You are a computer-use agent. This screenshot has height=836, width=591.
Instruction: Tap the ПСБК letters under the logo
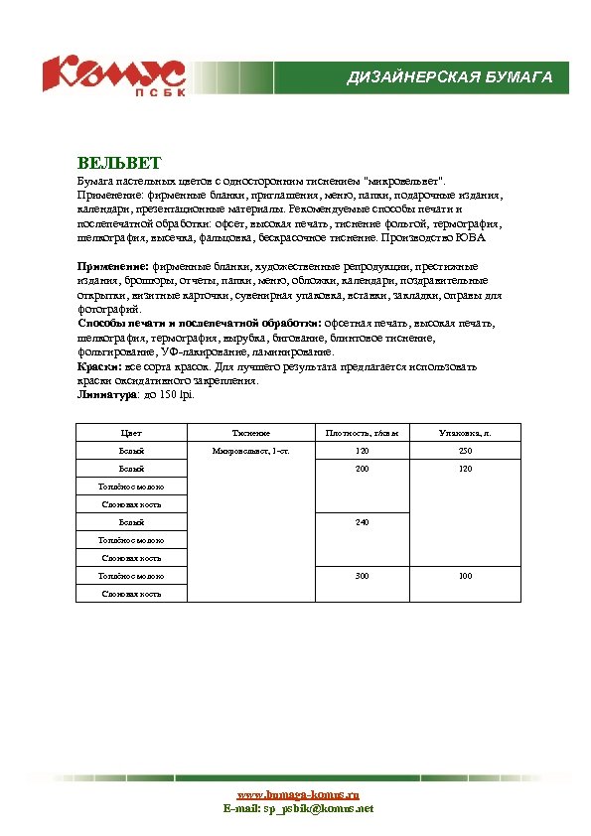click(154, 93)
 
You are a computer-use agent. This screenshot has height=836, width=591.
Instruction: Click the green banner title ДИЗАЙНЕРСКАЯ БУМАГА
click(449, 77)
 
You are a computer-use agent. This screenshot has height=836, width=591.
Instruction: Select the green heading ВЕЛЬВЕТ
click(118, 162)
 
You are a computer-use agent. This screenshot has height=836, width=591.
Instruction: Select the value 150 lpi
click(178, 394)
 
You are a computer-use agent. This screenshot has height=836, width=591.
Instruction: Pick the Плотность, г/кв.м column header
click(362, 433)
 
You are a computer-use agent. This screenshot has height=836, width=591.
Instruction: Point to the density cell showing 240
click(362, 521)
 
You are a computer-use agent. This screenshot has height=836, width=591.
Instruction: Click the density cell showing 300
click(362, 575)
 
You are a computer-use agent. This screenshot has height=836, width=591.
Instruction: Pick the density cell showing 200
click(362, 468)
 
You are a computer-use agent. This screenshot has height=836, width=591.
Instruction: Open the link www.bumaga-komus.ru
click(297, 794)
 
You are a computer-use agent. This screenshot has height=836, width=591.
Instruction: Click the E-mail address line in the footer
click(297, 808)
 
